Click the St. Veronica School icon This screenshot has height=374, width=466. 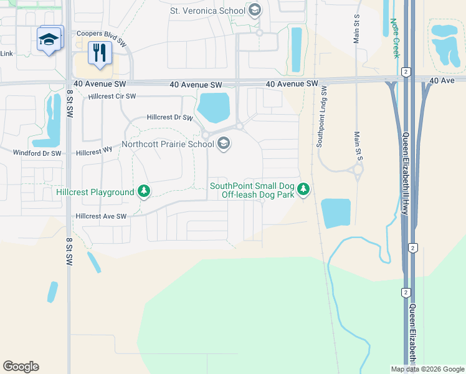pos(254,10)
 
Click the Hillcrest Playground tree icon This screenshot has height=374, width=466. pos(145,192)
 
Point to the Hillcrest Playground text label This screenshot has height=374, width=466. pos(95,192)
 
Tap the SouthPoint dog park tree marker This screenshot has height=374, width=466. pos(303,189)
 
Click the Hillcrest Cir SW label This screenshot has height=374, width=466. pos(112,96)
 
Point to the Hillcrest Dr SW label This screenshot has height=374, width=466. pos(169,117)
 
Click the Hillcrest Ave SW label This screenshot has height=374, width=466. pos(101,216)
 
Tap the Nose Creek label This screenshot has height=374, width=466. pos(395,37)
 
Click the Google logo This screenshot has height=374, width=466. pos(21,367)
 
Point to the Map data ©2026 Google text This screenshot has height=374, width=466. pos(427,369)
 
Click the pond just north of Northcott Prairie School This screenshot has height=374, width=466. pos(214,107)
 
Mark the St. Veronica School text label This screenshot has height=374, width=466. pos(207,11)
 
